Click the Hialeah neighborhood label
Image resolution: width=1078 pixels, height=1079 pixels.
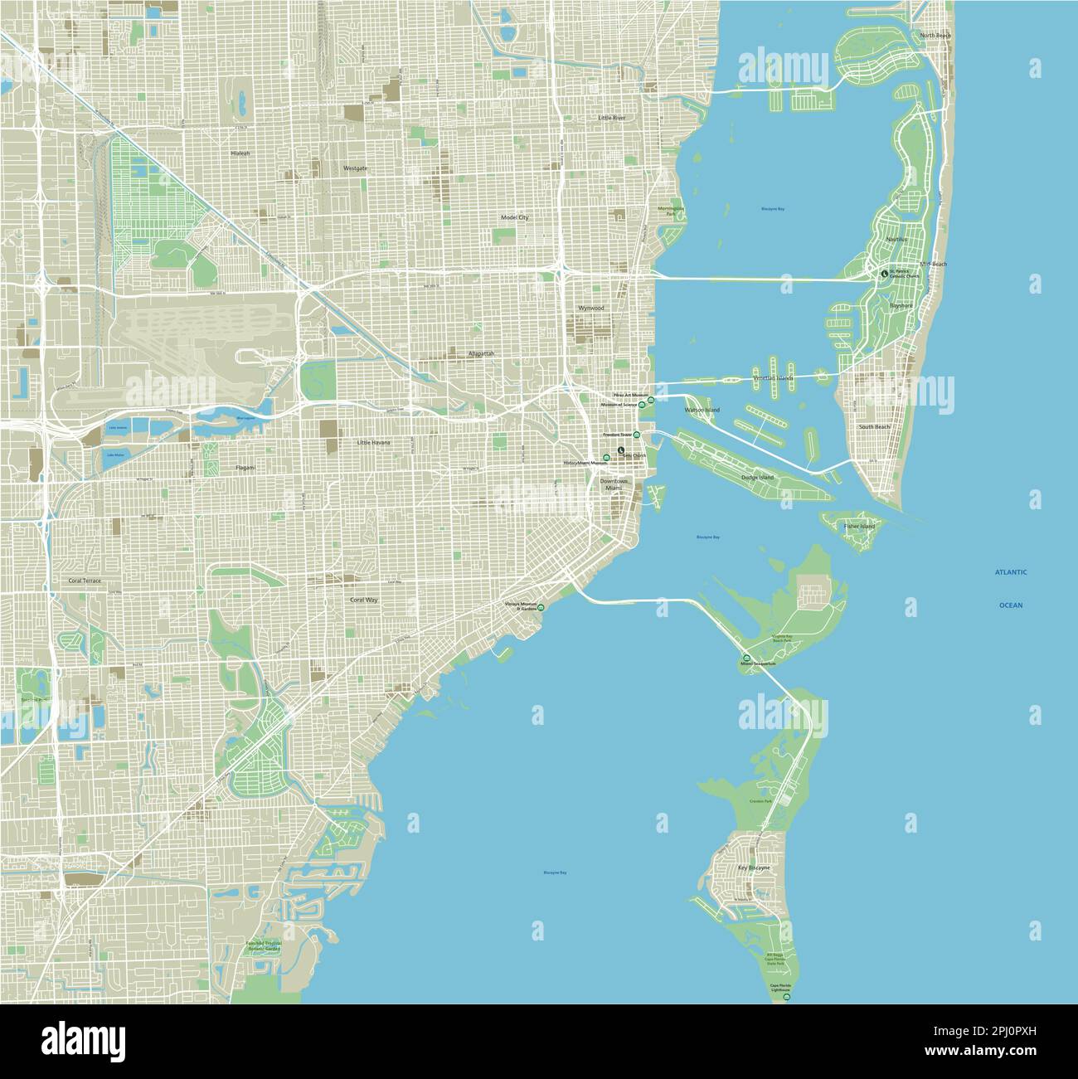pyautogui.click(x=240, y=153)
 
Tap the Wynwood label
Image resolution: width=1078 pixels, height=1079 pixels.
pyautogui.click(x=591, y=308)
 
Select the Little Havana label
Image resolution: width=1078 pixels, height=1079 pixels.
pyautogui.click(x=372, y=443)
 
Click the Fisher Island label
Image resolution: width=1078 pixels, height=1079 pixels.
pyautogui.click(x=859, y=527)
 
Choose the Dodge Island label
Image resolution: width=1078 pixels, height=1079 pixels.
pyautogui.click(x=756, y=478)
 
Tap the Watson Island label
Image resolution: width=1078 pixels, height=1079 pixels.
pyautogui.click(x=702, y=411)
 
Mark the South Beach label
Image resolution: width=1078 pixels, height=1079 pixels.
pyautogui.click(x=874, y=426)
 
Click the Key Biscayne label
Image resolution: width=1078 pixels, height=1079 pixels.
pyautogui.click(x=754, y=868)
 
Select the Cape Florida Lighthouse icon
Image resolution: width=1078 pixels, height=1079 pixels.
pyautogui.click(x=786, y=998)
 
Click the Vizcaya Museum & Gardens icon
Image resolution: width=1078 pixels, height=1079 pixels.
pyautogui.click(x=541, y=608)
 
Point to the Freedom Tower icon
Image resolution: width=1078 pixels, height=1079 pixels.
pyautogui.click(x=637, y=435)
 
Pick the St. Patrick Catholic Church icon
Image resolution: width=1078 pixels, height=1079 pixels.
pyautogui.click(x=884, y=273)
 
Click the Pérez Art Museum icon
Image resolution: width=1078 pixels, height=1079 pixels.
pyautogui.click(x=651, y=400)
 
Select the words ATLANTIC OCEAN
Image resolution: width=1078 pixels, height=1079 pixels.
pyautogui.click(x=1011, y=588)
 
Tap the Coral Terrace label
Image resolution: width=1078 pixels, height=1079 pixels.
pyautogui.click(x=85, y=581)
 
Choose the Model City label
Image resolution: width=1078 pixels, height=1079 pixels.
pyautogui.click(x=514, y=217)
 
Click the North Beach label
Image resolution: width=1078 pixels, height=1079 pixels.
pyautogui.click(x=935, y=36)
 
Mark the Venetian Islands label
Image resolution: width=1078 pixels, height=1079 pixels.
pyautogui.click(x=773, y=378)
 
